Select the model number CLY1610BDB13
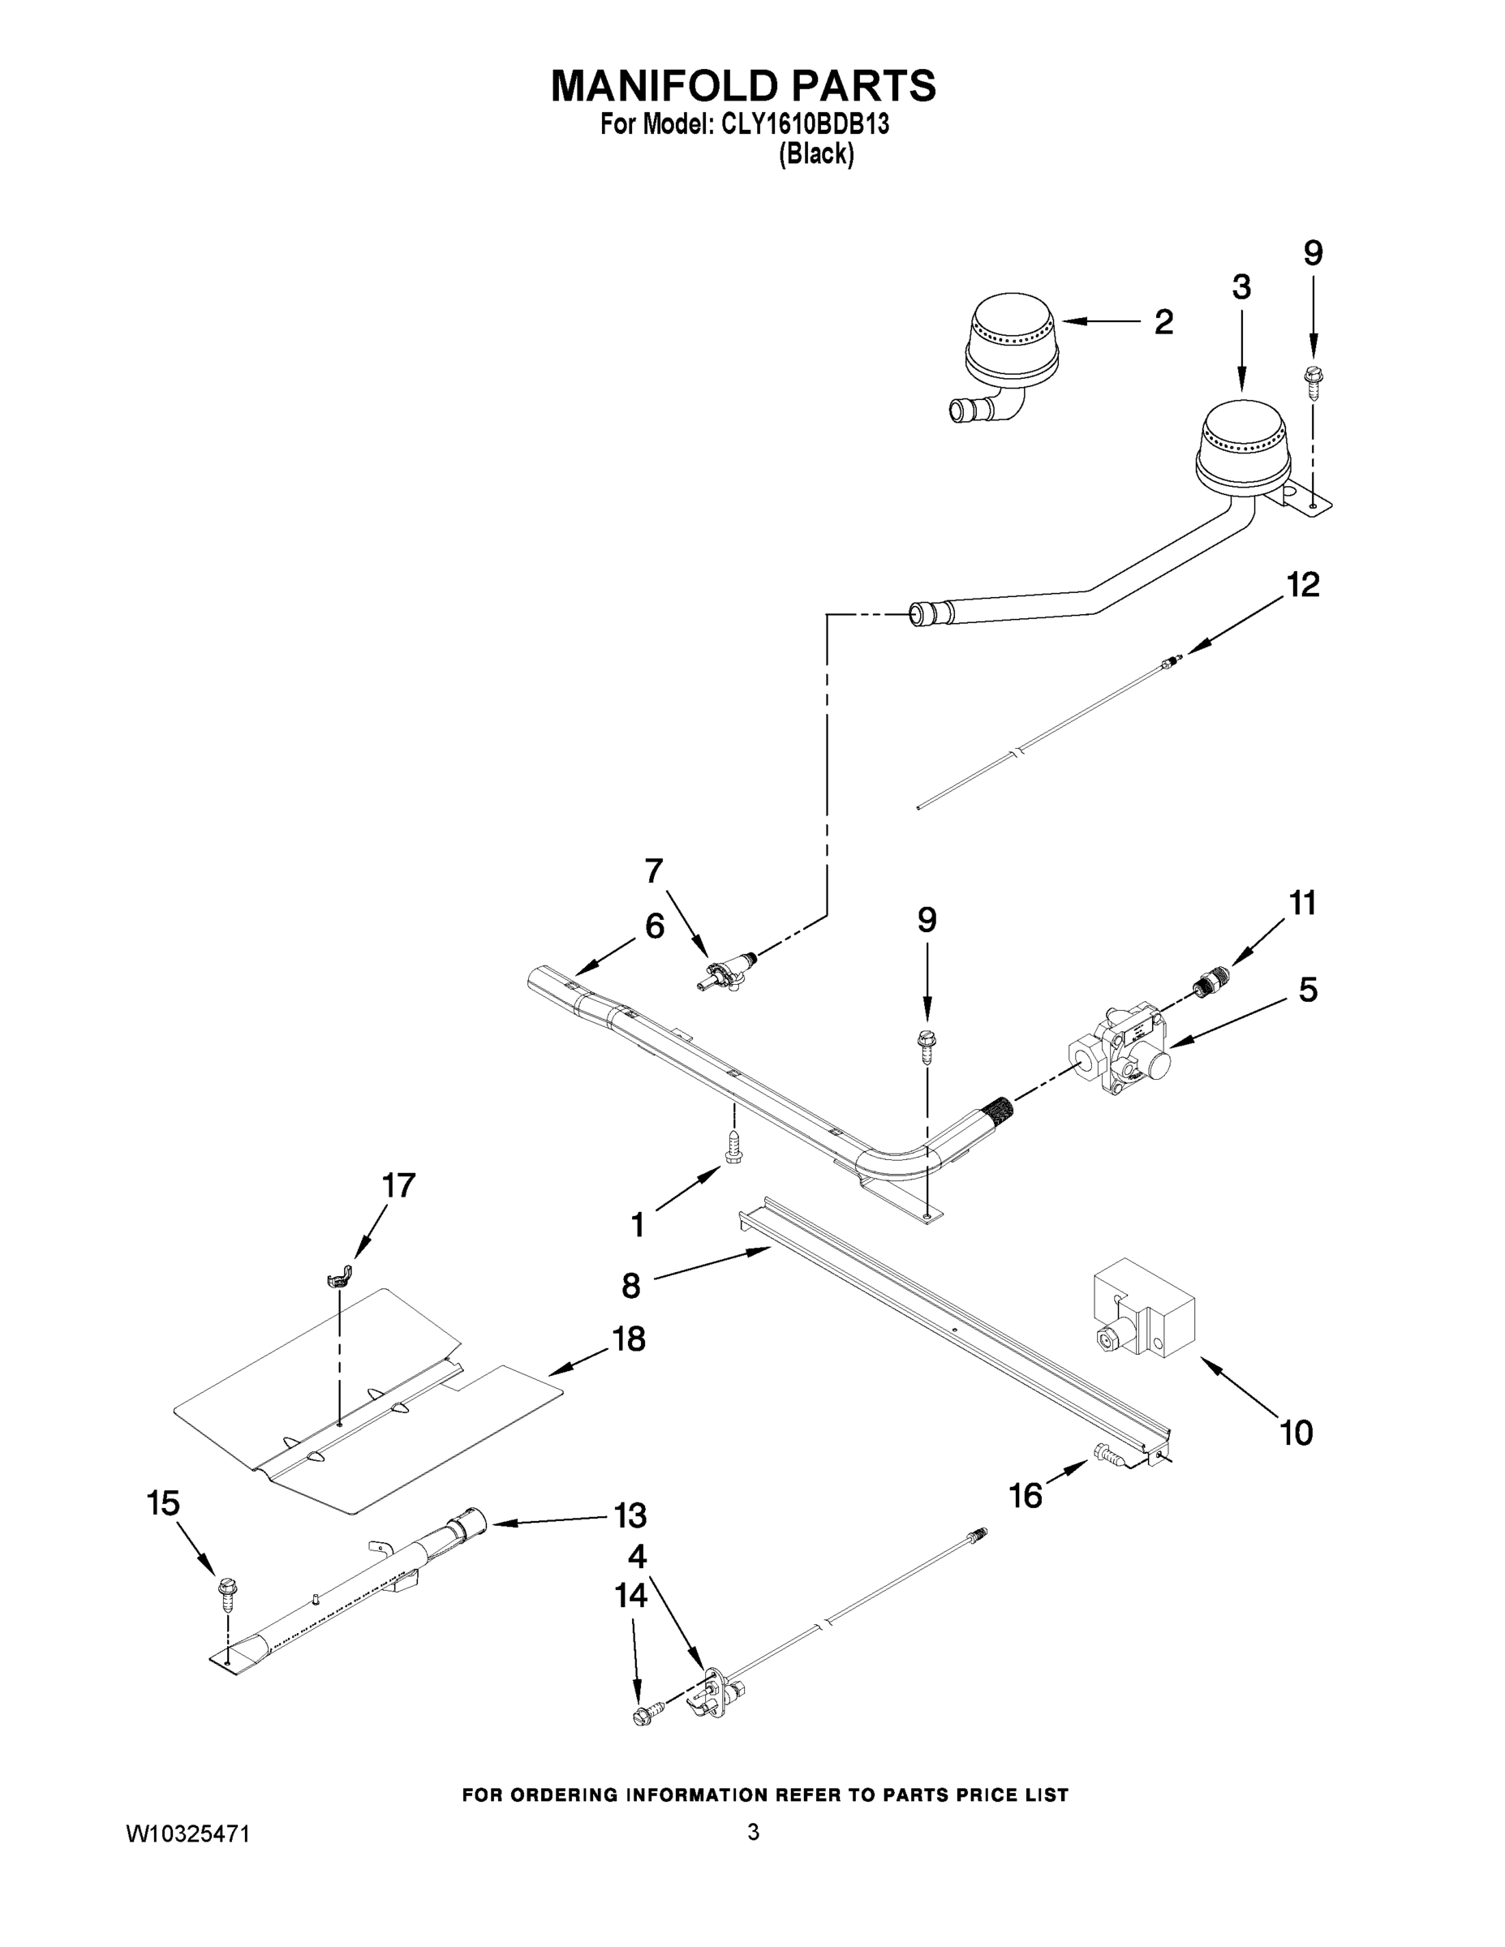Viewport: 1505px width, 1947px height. [804, 125]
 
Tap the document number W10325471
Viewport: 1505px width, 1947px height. [187, 1833]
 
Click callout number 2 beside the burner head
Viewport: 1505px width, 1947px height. [1163, 322]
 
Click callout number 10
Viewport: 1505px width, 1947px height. [1296, 1433]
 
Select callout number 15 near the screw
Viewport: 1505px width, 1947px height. [163, 1503]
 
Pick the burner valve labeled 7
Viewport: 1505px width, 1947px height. [724, 972]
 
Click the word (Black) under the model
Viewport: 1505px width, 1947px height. [816, 154]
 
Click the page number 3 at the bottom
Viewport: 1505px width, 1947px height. [754, 1832]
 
